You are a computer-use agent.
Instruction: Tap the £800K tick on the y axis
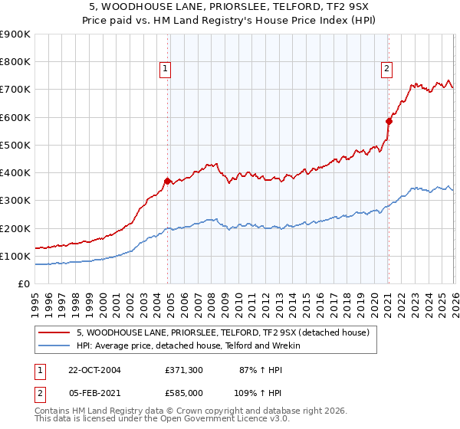[14, 62]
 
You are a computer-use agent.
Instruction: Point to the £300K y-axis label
[14, 201]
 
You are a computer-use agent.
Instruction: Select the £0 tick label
[23, 283]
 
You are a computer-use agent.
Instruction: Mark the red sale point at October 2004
[167, 181]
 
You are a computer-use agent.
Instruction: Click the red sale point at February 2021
[389, 121]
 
